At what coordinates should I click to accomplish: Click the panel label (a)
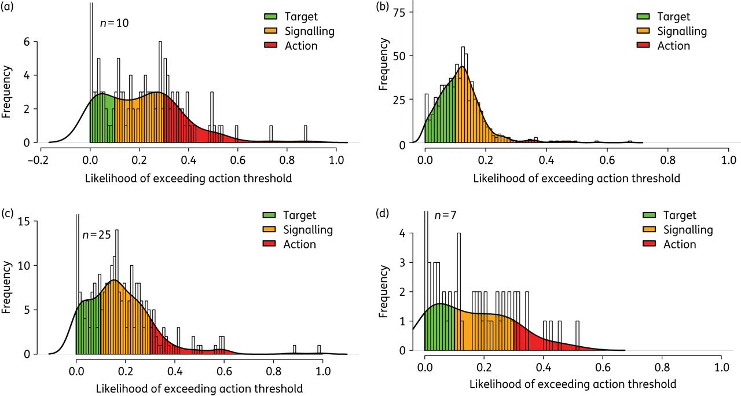coord(8,8)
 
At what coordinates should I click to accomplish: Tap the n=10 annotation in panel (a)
coord(114,24)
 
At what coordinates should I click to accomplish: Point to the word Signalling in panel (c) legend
coord(308,230)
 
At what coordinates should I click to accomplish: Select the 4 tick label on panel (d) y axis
coord(410,234)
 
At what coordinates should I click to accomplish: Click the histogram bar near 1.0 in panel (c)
coord(319,349)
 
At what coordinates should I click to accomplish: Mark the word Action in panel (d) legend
coord(680,244)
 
